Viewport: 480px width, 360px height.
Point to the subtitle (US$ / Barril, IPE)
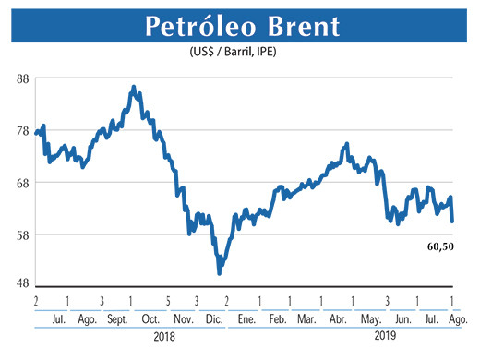(x=239, y=53)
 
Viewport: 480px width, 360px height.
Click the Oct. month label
(x=150, y=318)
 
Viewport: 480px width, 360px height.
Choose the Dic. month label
(x=211, y=318)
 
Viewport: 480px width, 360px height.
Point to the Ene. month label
(x=246, y=318)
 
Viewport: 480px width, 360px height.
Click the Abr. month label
(x=337, y=318)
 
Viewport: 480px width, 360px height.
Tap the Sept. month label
(x=117, y=318)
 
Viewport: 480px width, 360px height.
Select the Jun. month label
(x=402, y=318)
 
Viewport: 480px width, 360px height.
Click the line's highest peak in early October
(x=134, y=88)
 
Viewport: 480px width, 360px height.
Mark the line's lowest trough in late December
(x=219, y=272)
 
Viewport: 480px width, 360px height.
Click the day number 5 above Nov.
(x=168, y=301)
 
